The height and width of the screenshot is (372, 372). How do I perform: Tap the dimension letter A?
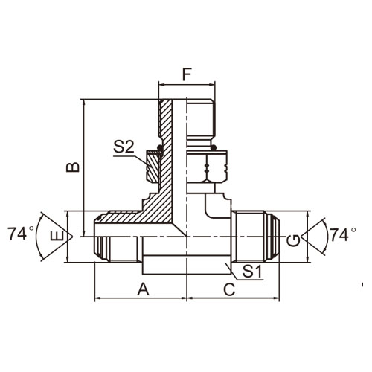coord(143,289)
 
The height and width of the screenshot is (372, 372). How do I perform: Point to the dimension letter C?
coord(229,289)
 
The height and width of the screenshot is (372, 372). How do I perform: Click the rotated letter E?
coord(57,236)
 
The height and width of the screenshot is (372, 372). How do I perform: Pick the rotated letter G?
coord(293,241)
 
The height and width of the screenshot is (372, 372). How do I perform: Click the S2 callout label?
coord(124,147)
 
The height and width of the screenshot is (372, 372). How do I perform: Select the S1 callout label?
coord(252,271)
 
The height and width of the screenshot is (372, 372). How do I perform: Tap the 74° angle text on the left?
coord(20,234)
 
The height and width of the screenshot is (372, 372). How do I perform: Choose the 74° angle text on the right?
coord(343,234)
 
